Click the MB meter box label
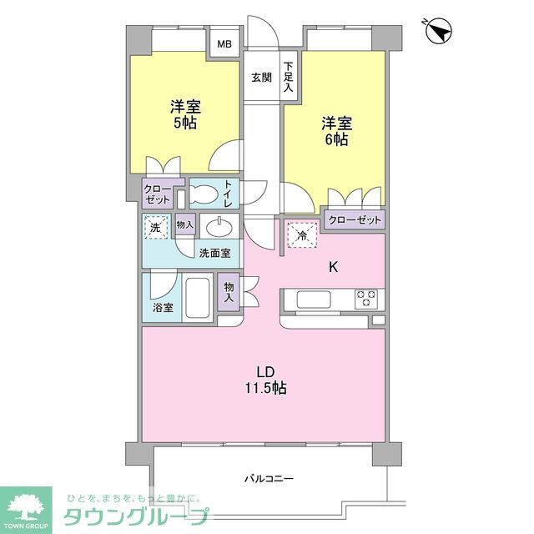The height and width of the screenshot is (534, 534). click(x=225, y=45)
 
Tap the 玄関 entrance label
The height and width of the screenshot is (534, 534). click(x=261, y=78)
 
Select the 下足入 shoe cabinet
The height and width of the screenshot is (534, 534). click(x=288, y=77)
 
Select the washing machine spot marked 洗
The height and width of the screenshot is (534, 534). click(x=155, y=227)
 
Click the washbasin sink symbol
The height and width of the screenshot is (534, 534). click(x=219, y=227)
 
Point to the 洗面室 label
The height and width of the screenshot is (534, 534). click(x=215, y=254)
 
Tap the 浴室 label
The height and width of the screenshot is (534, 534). click(x=163, y=308)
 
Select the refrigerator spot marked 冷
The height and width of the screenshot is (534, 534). click(x=303, y=236)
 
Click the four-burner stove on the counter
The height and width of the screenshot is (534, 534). click(x=366, y=298)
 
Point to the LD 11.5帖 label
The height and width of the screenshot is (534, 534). click(x=266, y=380)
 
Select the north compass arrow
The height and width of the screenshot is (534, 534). click(x=439, y=32)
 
